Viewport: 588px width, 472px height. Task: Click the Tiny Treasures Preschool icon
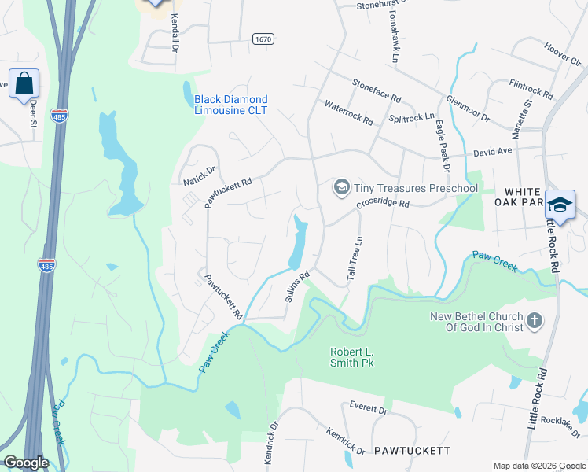point(342,186)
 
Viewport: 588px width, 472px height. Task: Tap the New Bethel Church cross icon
point(534,319)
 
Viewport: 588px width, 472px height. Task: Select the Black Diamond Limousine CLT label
point(231,105)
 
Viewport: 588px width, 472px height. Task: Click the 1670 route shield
point(263,38)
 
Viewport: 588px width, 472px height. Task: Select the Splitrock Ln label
point(411,117)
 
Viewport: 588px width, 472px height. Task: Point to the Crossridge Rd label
point(383,203)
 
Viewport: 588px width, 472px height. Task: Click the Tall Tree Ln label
point(354,260)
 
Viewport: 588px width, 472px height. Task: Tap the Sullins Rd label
point(295,287)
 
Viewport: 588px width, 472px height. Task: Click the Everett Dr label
point(368,409)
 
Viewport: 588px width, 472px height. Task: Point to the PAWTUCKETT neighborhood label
point(412,451)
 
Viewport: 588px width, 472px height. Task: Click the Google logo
point(27,463)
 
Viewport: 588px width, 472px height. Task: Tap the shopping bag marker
point(24,83)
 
